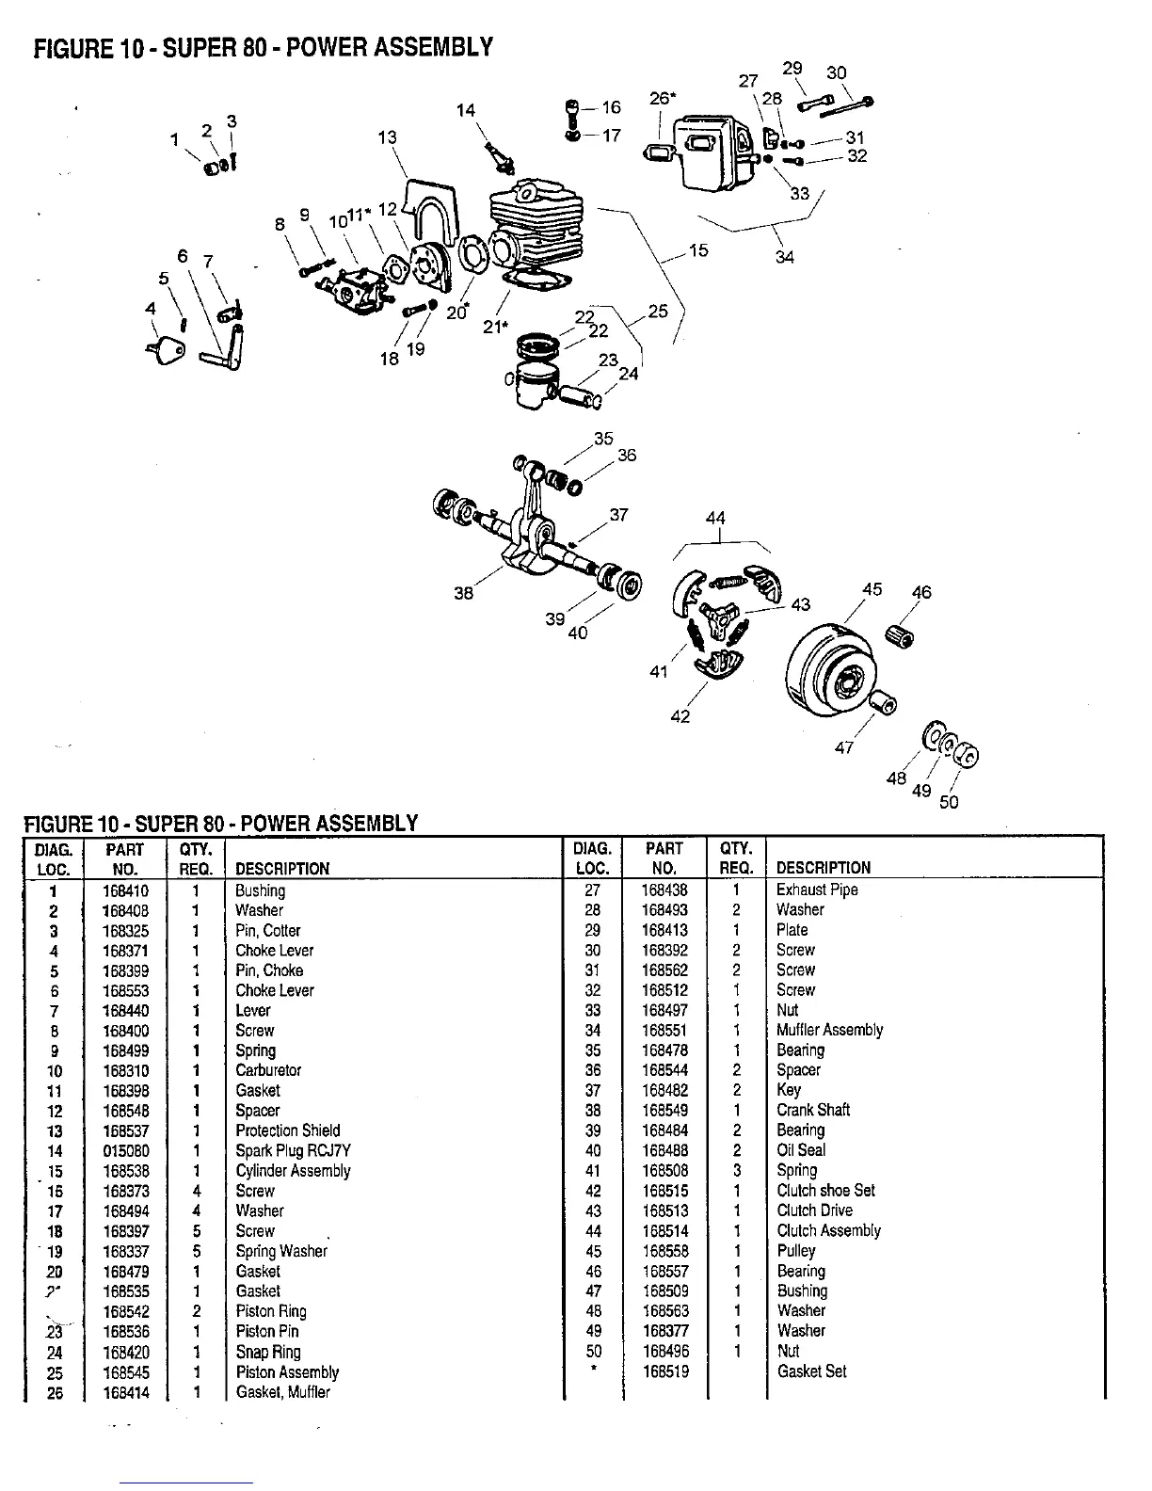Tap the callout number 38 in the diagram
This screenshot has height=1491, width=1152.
pyautogui.click(x=463, y=593)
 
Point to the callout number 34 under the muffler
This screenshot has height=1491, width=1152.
pyautogui.click(x=784, y=257)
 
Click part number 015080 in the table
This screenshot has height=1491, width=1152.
pyautogui.click(x=125, y=1151)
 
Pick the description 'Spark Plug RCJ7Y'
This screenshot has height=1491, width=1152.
pyautogui.click(x=293, y=1151)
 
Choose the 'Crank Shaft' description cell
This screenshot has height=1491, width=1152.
pyautogui.click(x=812, y=1110)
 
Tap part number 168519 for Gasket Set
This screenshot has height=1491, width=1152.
pyautogui.click(x=664, y=1371)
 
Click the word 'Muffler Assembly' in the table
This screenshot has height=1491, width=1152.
pyautogui.click(x=829, y=1030)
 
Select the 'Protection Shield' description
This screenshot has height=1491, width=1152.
pyautogui.click(x=287, y=1130)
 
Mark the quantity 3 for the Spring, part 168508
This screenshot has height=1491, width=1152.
pyautogui.click(x=736, y=1170)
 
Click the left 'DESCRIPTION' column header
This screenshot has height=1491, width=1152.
pyautogui.click(x=282, y=868)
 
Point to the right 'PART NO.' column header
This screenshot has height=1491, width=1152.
pyautogui.click(x=664, y=858)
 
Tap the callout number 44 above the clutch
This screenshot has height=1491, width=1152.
pyautogui.click(x=715, y=518)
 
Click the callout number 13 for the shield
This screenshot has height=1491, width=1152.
pyautogui.click(x=387, y=137)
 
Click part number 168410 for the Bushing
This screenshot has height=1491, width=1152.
pyautogui.click(x=125, y=890)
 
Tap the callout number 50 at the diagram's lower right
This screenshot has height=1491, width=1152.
pyautogui.click(x=949, y=802)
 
